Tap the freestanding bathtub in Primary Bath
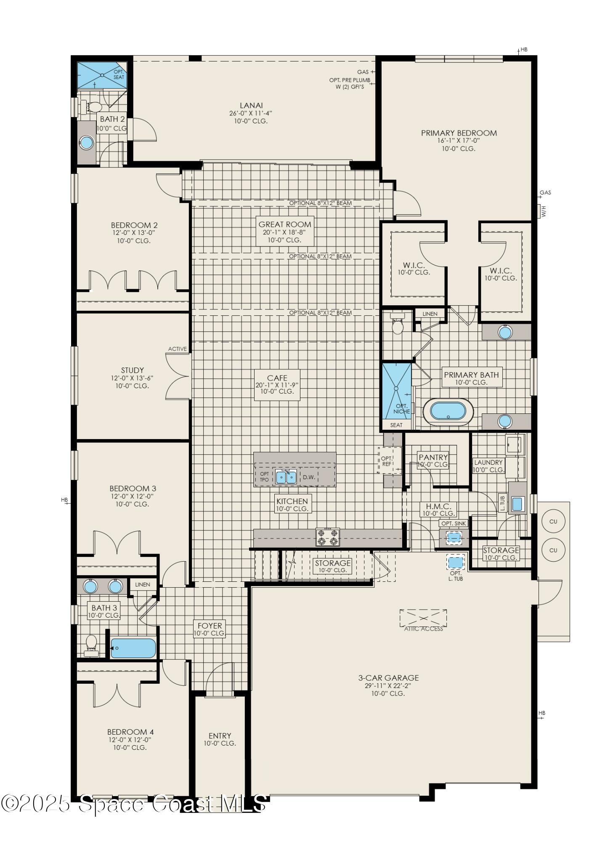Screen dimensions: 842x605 tap(448, 410)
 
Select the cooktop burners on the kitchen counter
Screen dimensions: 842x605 tap(328, 537)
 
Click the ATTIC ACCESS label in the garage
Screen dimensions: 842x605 tap(423, 629)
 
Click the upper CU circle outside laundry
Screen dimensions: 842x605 tap(553, 521)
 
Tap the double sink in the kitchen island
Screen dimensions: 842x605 tap(286, 477)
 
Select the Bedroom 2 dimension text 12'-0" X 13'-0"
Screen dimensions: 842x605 tap(134, 233)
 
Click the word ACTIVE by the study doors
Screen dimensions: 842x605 tap(177, 349)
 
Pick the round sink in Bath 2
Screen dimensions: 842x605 tap(86, 143)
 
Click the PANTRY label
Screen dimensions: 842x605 tap(433, 457)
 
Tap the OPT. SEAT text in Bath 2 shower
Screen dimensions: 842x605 tap(119, 75)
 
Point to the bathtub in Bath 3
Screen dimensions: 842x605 tap(133, 648)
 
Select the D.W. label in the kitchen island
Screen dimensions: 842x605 tap(309, 477)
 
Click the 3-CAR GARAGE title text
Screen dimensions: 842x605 tap(388, 678)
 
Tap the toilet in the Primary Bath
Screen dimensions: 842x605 tap(397, 325)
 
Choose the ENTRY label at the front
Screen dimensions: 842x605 tap(220, 735)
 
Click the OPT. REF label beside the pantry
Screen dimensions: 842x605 tap(386, 461)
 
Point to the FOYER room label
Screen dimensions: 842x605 tap(210, 626)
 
